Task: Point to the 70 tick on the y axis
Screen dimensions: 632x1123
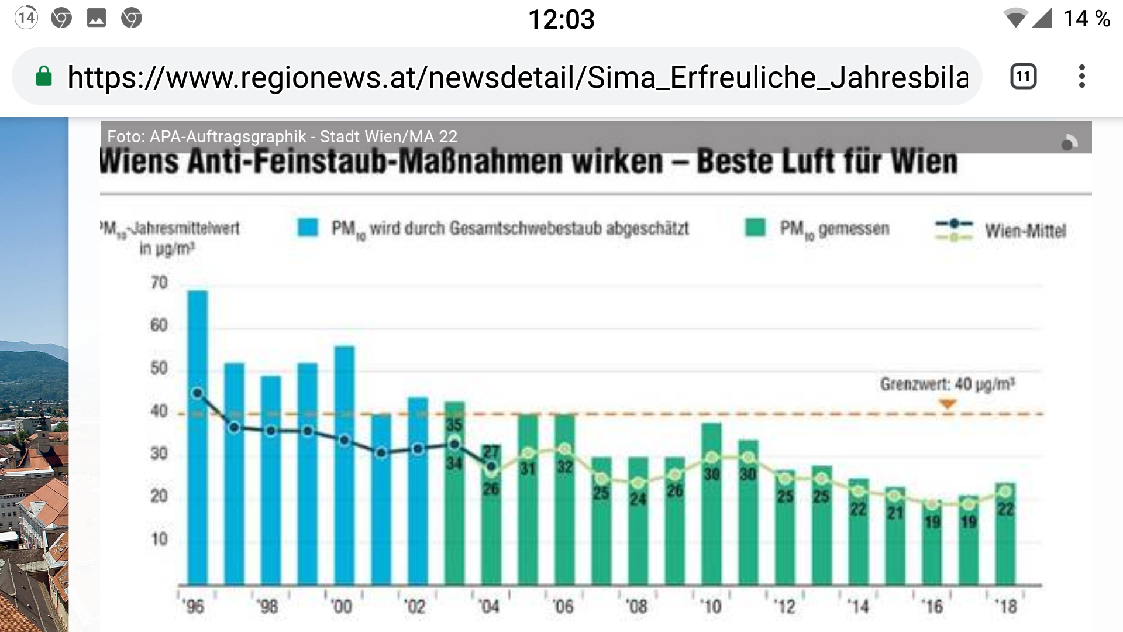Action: click(x=159, y=283)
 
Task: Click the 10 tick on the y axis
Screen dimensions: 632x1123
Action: click(x=159, y=539)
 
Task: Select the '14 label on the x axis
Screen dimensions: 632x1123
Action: click(x=858, y=606)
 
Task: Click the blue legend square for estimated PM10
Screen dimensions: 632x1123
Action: click(x=308, y=228)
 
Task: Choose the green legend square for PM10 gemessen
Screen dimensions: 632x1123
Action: click(x=755, y=228)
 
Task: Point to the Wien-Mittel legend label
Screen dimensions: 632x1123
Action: click(x=1025, y=231)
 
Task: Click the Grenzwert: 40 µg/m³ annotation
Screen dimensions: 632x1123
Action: click(x=947, y=384)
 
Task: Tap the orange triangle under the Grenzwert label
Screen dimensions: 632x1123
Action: click(x=948, y=404)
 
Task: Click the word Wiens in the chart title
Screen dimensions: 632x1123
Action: click(x=139, y=162)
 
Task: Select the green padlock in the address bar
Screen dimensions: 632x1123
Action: click(x=44, y=77)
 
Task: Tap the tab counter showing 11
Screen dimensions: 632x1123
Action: click(x=1023, y=77)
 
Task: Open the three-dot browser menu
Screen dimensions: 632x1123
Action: click(x=1082, y=77)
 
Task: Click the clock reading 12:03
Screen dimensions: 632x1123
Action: click(x=561, y=19)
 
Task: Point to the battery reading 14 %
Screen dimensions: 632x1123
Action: click(x=1086, y=19)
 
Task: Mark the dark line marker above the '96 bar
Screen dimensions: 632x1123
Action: click(x=198, y=393)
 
